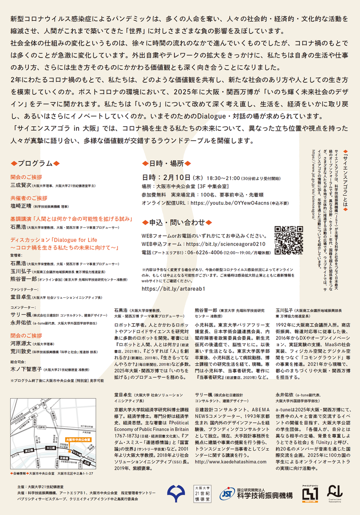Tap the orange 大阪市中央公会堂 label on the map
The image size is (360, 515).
(x=78, y=438)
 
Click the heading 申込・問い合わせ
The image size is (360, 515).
(x=174, y=222)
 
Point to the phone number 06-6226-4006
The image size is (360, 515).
(x=205, y=252)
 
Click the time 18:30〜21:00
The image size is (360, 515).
(x=224, y=178)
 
